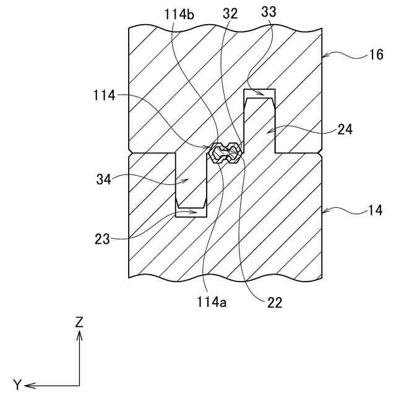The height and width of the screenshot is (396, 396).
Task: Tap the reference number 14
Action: coord(376,211)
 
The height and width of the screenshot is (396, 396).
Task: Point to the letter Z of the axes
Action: coord(79,322)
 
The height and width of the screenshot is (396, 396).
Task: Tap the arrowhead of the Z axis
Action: coord(79,334)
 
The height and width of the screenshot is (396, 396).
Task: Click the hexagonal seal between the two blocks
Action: coord(224,152)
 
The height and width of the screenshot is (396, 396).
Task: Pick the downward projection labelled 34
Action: coord(191,179)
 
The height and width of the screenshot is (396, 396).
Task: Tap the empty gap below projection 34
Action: coord(191,213)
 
